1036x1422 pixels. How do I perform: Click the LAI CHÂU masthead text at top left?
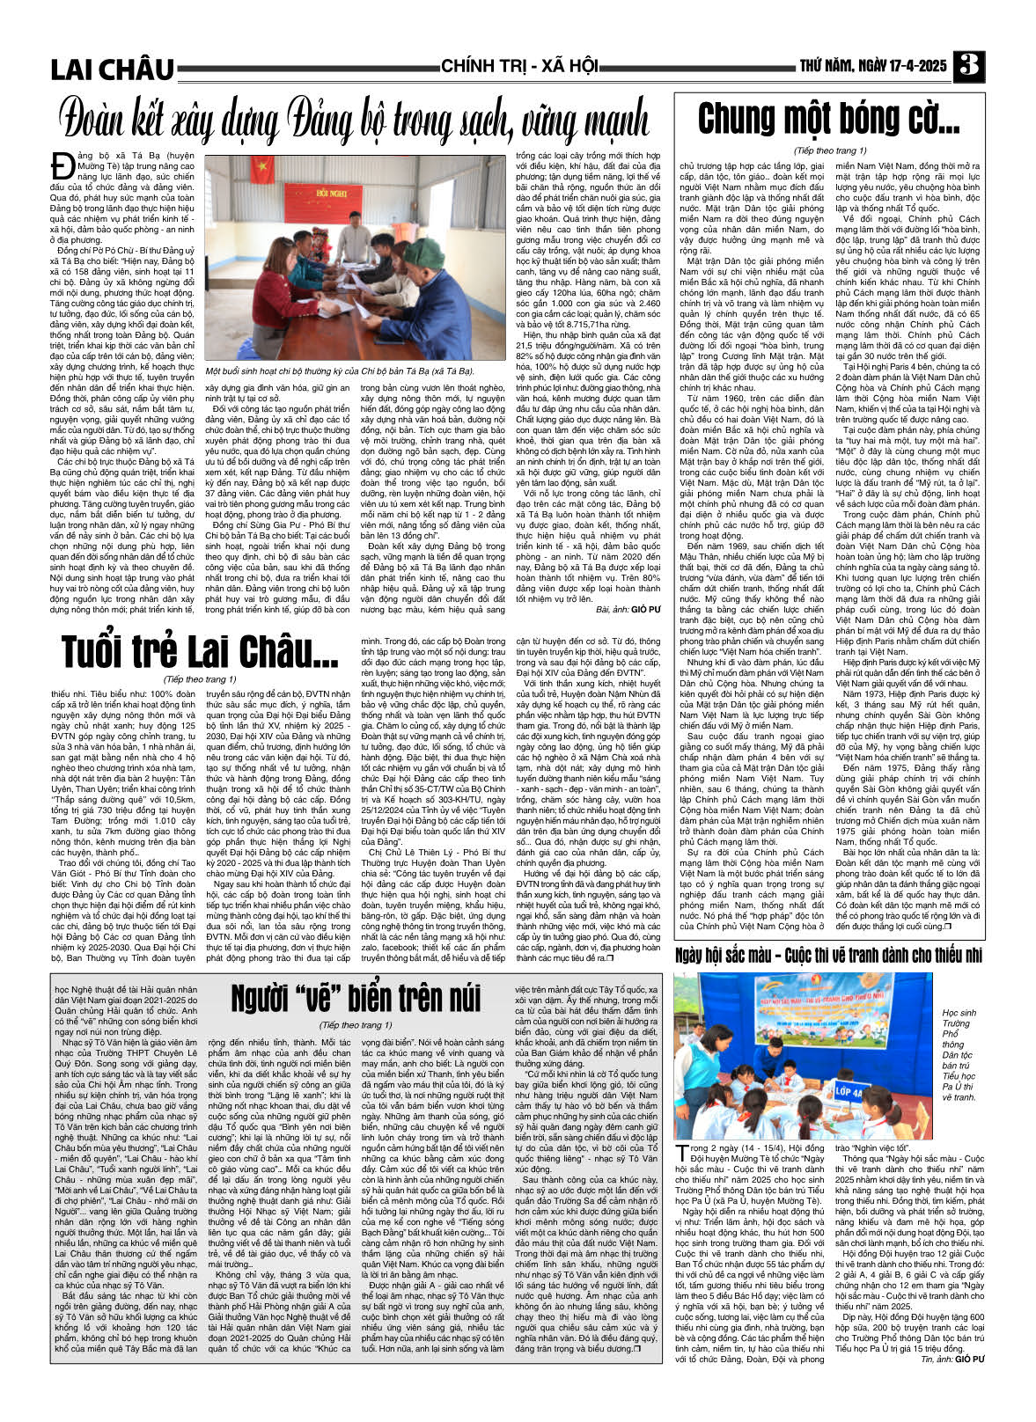pyautogui.click(x=113, y=69)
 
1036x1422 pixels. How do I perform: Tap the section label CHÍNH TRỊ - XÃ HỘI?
pyautogui.click(x=519, y=66)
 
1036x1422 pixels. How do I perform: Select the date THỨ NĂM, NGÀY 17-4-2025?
pyautogui.click(x=872, y=66)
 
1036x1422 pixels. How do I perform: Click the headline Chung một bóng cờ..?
pyautogui.click(x=828, y=120)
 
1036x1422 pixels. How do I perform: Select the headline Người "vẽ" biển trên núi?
pyautogui.click(x=356, y=997)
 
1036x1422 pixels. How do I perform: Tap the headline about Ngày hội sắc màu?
pyautogui.click(x=828, y=957)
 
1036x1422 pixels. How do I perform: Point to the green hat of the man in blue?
pyautogui.click(x=423, y=254)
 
